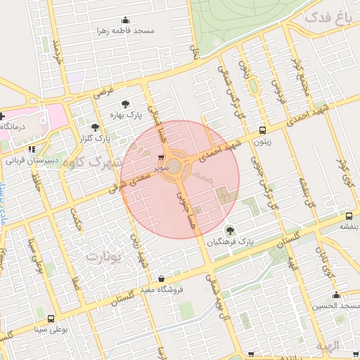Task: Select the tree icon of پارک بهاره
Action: pos(124,103)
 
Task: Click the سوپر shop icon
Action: pos(162,158)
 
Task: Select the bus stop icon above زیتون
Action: pos(263,130)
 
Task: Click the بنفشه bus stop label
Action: pos(349,226)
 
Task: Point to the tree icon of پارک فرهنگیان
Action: pos(229,230)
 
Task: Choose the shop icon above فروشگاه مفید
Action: pos(162,278)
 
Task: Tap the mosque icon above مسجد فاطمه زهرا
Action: pos(126,20)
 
